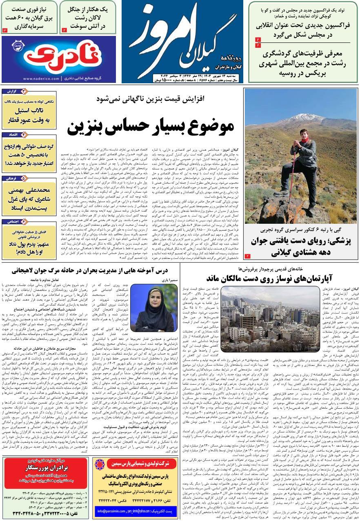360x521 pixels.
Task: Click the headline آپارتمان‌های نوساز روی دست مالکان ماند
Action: pos(269,278)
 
